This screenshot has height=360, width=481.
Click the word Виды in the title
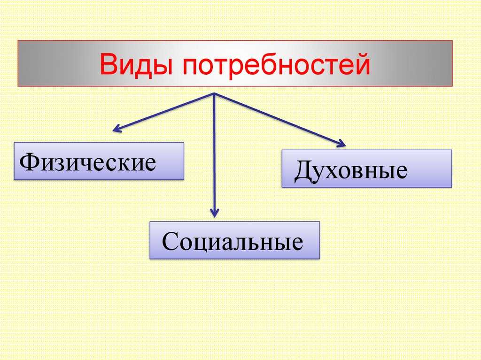pos(136,65)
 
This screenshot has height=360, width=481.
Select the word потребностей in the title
pos(277,65)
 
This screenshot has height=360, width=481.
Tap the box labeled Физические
pos(99,161)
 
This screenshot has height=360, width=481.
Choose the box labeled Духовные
pos(366,169)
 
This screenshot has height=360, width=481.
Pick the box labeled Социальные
pos(235,240)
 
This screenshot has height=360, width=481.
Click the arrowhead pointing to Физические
pos(117,129)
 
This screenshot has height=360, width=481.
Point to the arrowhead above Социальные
pos(215,213)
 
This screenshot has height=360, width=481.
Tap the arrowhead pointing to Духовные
pos(341,143)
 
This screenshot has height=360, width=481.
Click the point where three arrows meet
pos(214,93)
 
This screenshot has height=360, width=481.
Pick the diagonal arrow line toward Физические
pos(163,113)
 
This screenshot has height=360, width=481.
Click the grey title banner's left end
pos(18,63)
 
